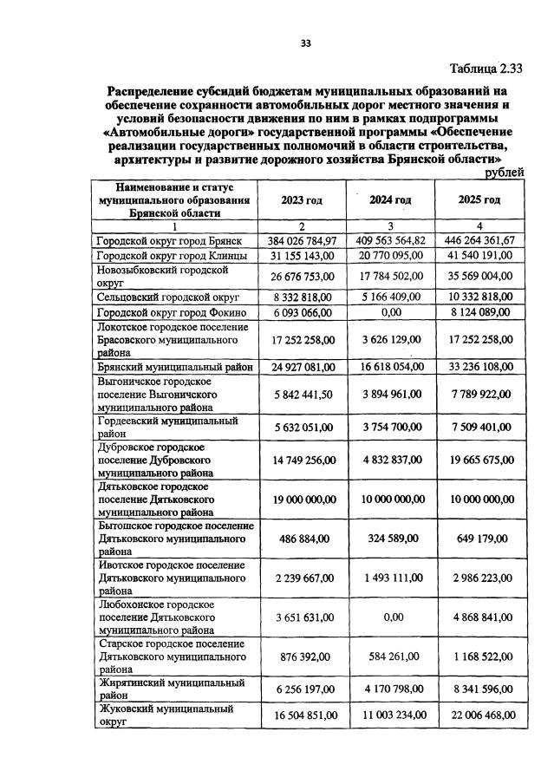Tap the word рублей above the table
click(x=504, y=173)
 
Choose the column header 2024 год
click(x=390, y=200)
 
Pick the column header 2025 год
click(x=479, y=200)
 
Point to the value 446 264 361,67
click(x=479, y=240)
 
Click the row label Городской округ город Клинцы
click(x=172, y=256)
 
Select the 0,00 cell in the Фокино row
click(x=390, y=312)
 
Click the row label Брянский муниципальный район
click(x=173, y=368)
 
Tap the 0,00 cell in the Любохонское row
click(x=390, y=617)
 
